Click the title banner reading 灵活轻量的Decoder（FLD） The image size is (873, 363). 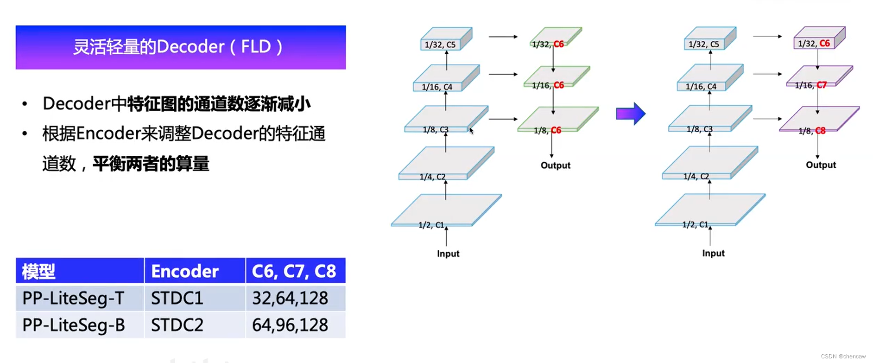point(180,47)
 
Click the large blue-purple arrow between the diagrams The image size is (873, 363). point(630,114)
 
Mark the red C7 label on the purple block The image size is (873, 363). point(821,85)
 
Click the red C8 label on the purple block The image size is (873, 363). point(820,131)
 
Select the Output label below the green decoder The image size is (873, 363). point(555,166)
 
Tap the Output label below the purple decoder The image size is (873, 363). point(821,165)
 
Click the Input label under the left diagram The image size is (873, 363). point(448,254)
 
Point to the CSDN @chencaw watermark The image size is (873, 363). point(843,357)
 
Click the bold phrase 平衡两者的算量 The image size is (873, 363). point(151,164)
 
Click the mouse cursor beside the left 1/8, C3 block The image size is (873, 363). point(471,131)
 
